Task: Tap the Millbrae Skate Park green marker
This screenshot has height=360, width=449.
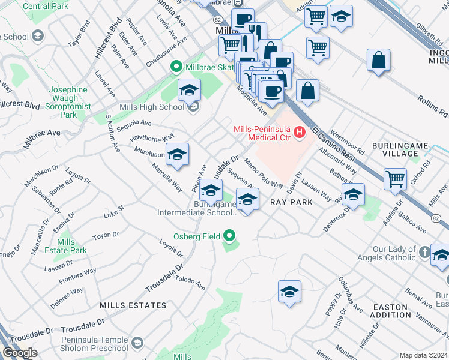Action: [176, 66]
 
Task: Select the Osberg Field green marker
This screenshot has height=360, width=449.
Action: [229, 236]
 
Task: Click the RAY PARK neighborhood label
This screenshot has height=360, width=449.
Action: [291, 202]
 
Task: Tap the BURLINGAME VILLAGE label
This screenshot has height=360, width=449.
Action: [395, 149]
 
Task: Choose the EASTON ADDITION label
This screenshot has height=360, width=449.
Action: [392, 311]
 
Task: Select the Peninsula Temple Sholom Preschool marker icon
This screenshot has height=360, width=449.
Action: [137, 343]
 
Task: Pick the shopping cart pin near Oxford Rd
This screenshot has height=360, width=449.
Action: [395, 178]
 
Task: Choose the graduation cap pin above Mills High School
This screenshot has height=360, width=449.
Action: [189, 91]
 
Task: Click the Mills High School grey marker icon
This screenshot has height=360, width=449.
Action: [193, 107]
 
